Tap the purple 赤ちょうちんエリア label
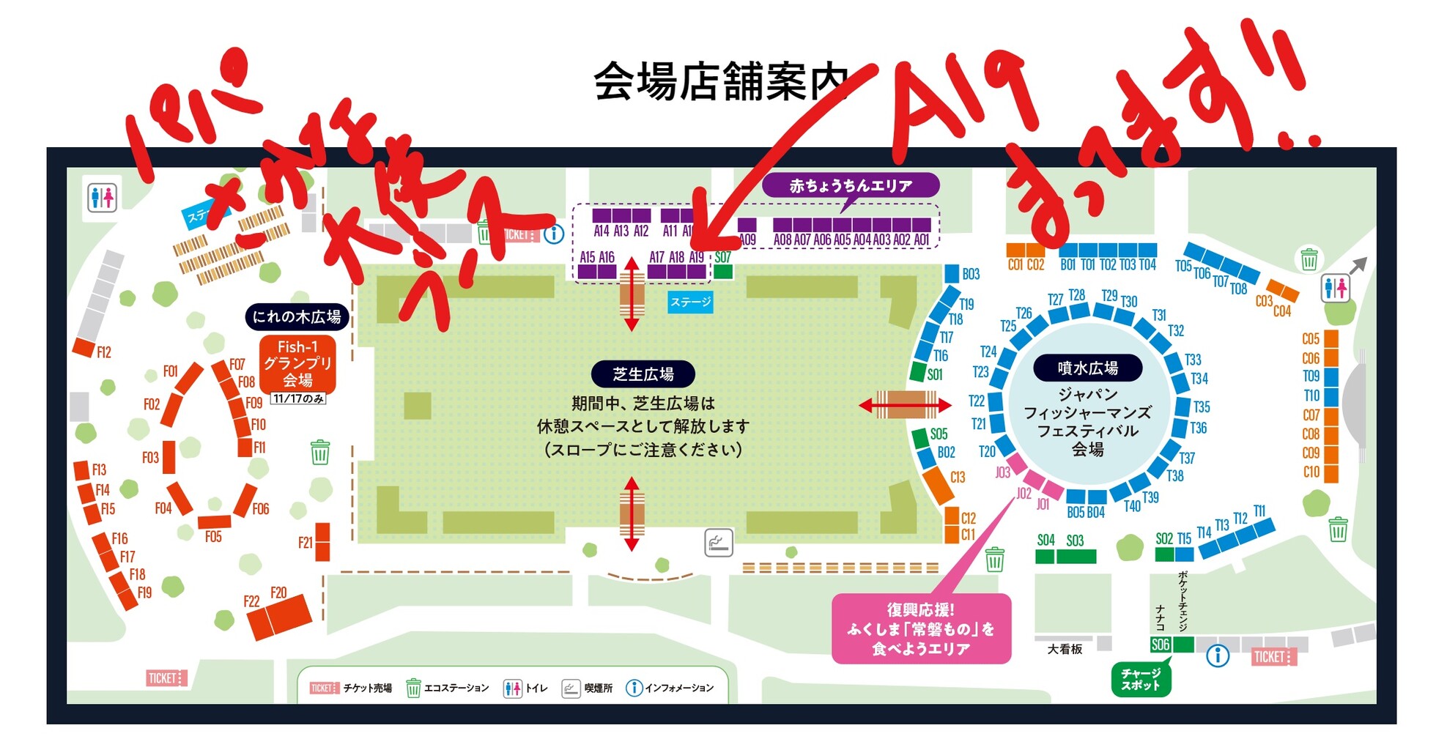coord(850,186)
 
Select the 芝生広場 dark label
coord(643,374)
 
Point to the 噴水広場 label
coord(1087,368)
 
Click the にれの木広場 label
coord(297,316)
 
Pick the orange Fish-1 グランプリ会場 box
coord(297,363)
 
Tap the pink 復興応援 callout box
coord(921,629)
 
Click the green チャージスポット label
coord(1141,679)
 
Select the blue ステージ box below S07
coord(690,302)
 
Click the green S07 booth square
coord(723,272)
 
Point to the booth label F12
coord(103,352)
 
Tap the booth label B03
coord(971,274)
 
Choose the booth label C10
coord(1311,472)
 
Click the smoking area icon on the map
coord(718,543)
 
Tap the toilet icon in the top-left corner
coord(102,196)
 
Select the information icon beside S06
coord(1217,655)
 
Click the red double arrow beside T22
coord(905,404)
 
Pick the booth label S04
coord(1045,541)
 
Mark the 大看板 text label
coord(1065,649)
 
